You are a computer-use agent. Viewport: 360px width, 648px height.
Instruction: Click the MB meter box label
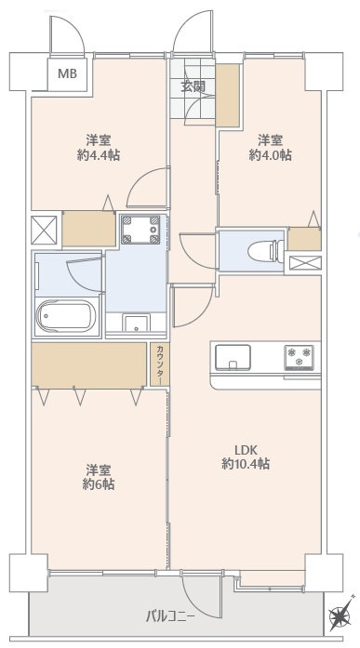(69, 73)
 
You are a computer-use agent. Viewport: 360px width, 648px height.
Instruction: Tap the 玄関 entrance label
(193, 87)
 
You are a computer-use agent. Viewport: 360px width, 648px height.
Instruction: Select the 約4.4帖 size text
(98, 155)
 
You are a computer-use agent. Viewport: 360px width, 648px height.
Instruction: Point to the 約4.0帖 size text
(270, 155)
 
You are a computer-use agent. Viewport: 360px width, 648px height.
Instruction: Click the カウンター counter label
(159, 364)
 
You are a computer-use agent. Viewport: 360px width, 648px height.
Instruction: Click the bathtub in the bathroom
(67, 316)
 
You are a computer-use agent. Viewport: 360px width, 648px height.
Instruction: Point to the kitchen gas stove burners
(299, 355)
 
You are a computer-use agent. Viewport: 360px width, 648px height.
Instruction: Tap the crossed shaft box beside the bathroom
(45, 230)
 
